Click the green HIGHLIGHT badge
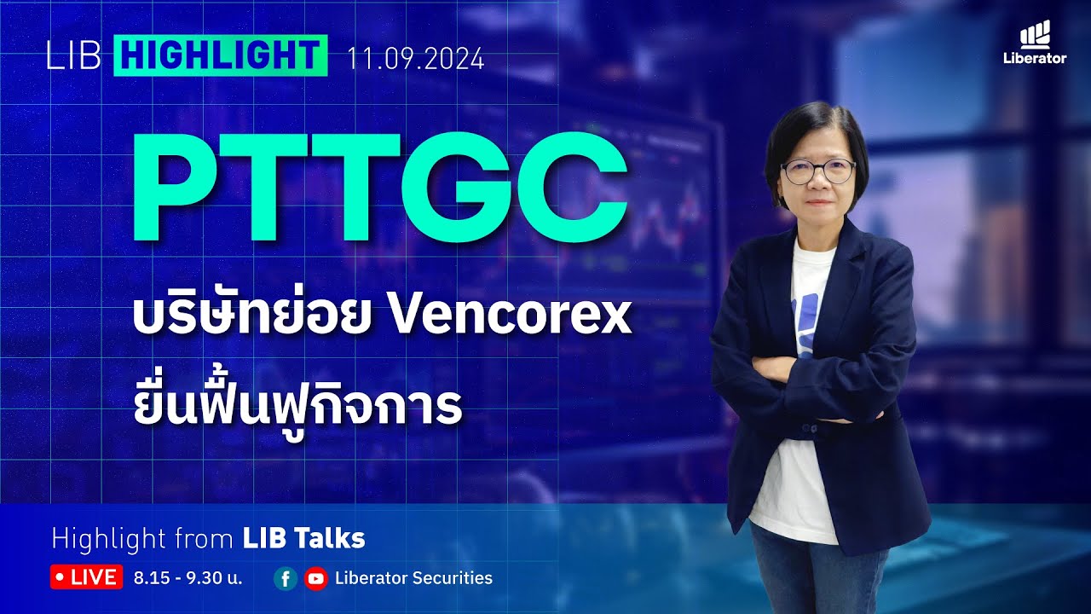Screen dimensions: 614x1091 click(221, 56)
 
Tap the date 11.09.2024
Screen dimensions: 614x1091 click(415, 60)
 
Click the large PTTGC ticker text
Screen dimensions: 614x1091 click(378, 192)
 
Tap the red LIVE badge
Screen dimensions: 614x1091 click(87, 577)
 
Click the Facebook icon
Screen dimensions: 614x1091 click(286, 578)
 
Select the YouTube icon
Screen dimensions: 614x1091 click(315, 578)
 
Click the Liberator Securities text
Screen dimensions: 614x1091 click(413, 578)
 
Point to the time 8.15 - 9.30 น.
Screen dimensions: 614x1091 click(188, 578)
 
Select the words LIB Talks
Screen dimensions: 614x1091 click(303, 539)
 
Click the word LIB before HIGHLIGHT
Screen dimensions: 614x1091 click(74, 57)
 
